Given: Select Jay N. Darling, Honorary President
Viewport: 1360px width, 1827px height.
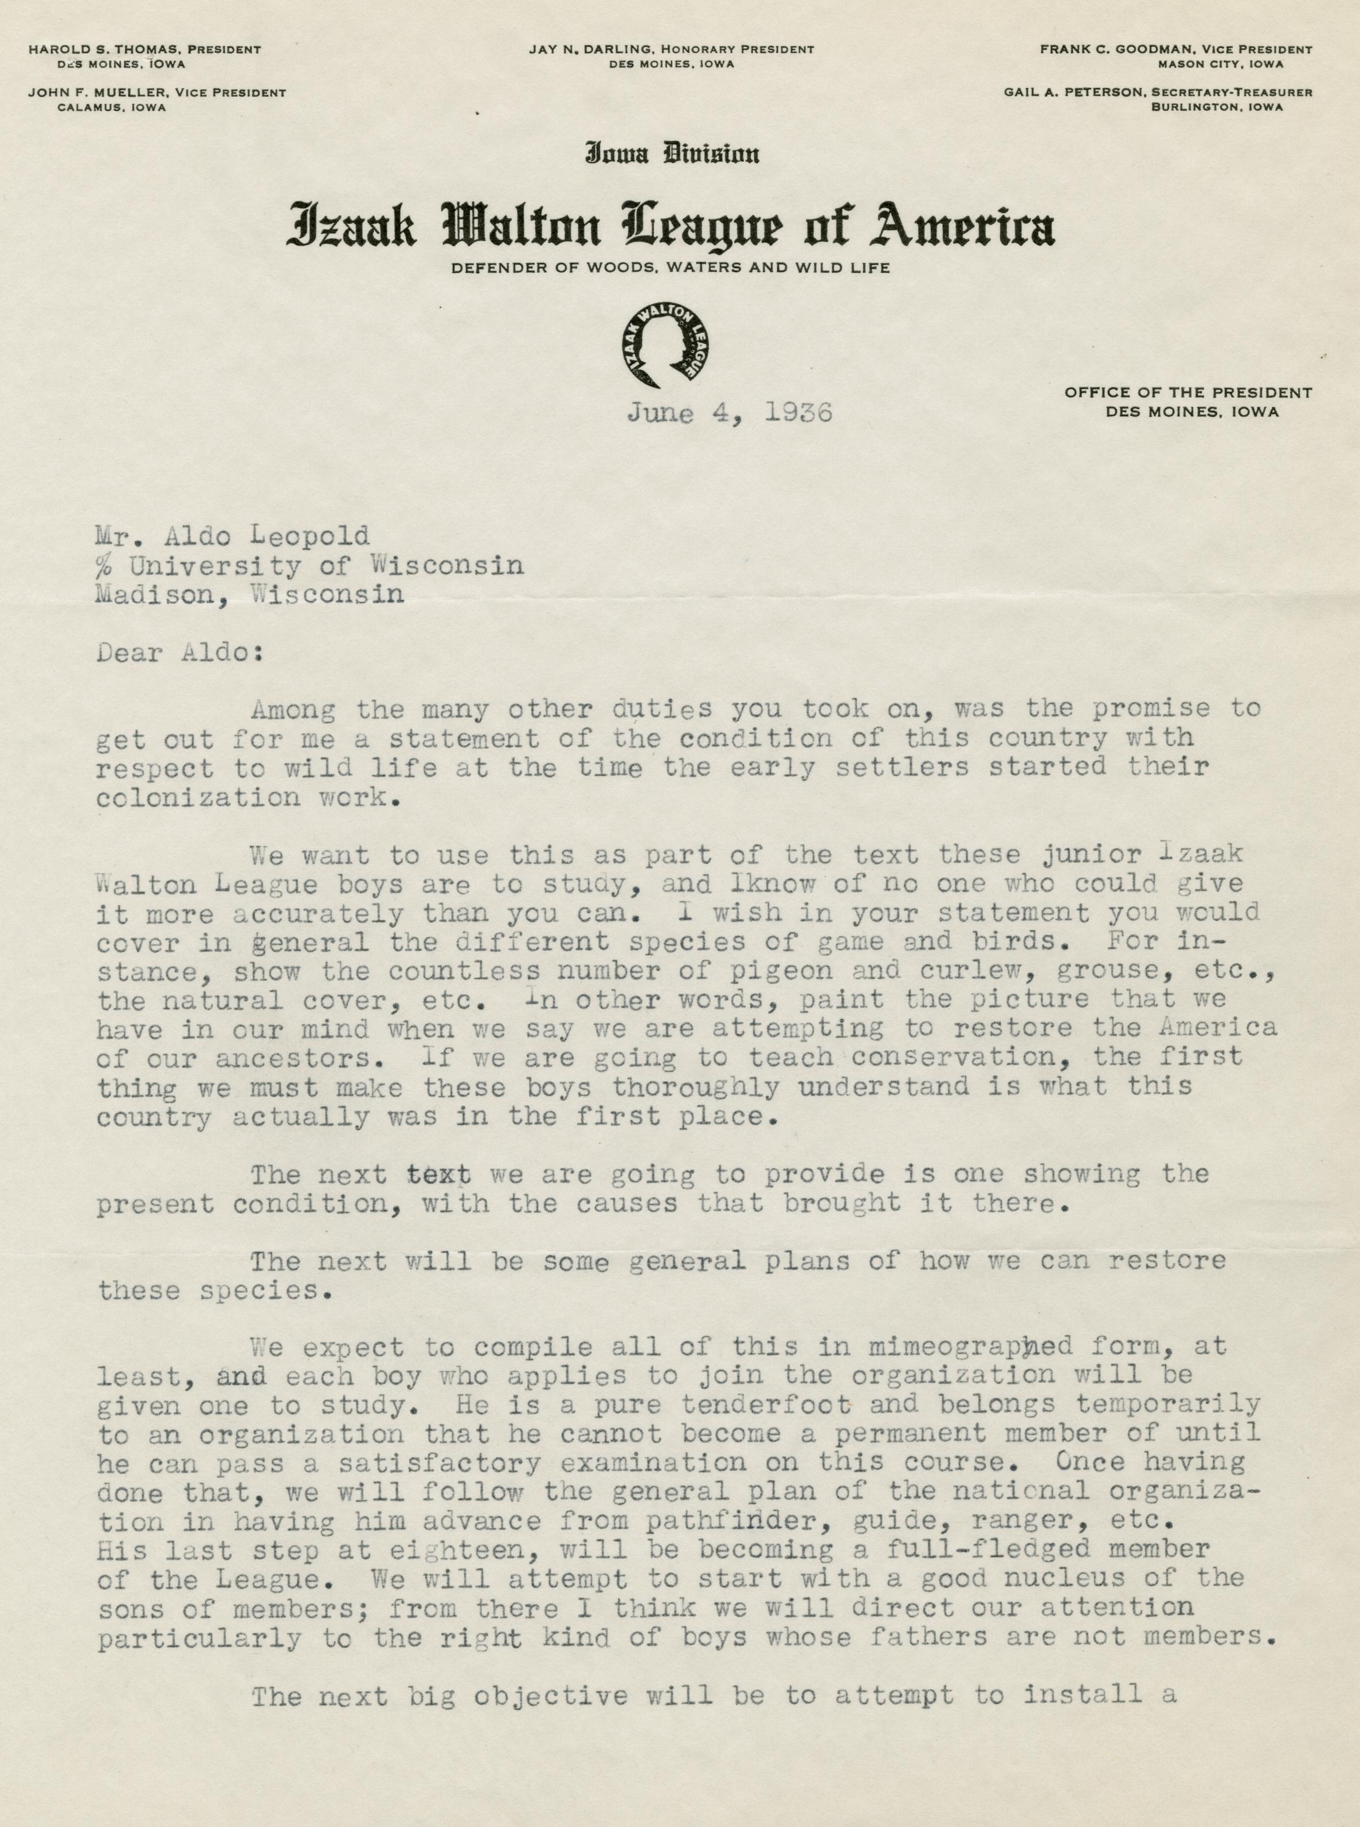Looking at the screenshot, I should pos(672,49).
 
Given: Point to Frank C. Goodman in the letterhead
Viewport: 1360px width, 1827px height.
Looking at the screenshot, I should pos(1103,49).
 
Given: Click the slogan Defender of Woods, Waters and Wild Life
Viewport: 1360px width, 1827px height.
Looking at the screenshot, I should pos(670,268).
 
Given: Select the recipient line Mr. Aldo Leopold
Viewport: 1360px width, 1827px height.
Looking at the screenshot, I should pos(232,537).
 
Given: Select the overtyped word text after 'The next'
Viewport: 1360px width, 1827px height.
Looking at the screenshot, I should pos(440,1173).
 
